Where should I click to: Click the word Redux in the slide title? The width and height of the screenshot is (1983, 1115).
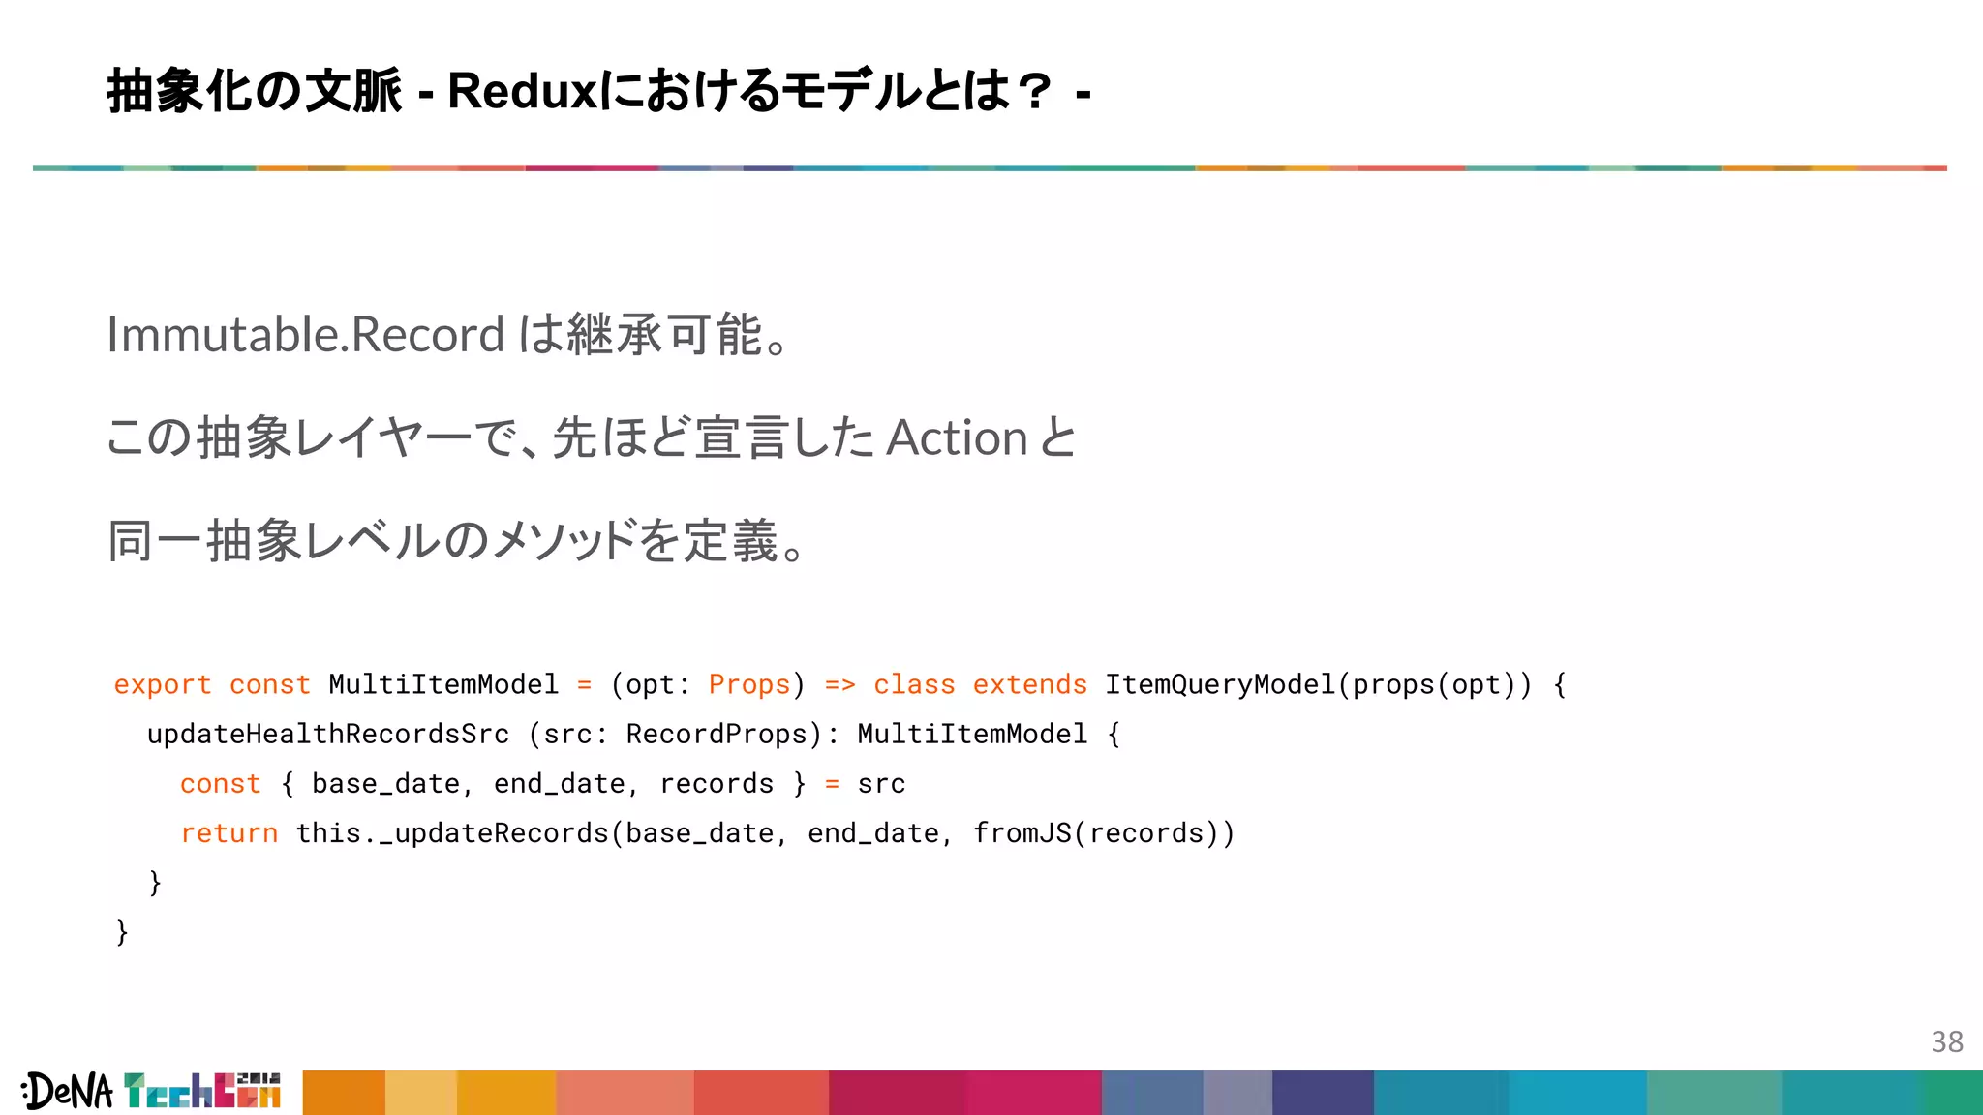click(x=523, y=93)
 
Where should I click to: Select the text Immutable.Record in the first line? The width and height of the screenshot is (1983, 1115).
click(x=306, y=335)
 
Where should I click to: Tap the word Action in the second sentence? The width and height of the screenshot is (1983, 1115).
click(x=957, y=437)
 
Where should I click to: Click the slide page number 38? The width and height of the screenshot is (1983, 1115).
click(x=1947, y=1041)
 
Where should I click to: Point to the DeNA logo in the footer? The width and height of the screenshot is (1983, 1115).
click(x=68, y=1092)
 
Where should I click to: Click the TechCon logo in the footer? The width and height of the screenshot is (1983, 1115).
click(x=202, y=1091)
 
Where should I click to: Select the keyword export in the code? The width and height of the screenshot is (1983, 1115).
click(x=162, y=685)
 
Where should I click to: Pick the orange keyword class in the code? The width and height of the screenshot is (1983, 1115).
click(x=914, y=685)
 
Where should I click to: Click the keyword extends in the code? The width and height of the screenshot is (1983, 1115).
click(x=1029, y=685)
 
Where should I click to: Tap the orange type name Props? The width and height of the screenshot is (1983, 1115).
click(x=749, y=685)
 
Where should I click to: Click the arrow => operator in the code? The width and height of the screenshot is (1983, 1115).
click(x=839, y=685)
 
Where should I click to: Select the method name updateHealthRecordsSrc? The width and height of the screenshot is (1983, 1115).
click(x=327, y=735)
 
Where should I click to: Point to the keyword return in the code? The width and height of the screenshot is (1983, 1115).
click(x=229, y=833)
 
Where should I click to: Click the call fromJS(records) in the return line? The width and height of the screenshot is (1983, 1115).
click(x=1104, y=833)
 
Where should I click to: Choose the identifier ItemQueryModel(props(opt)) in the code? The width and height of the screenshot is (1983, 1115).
click(x=1318, y=685)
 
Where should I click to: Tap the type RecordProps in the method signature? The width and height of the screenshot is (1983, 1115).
click(x=717, y=735)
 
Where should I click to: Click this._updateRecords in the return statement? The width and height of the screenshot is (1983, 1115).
click(x=452, y=833)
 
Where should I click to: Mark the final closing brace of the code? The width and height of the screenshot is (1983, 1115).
click(x=122, y=932)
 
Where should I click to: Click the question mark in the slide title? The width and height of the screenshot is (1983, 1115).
click(x=1034, y=93)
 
